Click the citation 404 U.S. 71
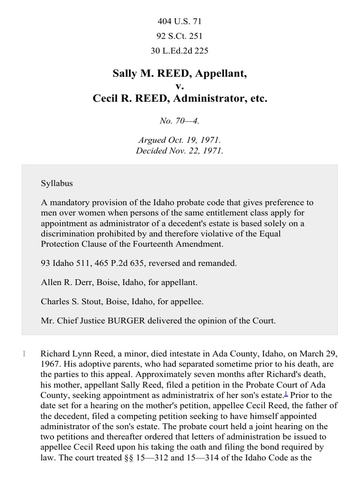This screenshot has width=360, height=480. click(180, 21)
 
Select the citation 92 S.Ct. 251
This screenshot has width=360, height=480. click(180, 36)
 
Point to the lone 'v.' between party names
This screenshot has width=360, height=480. click(180, 86)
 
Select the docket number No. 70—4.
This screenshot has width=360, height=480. click(180, 121)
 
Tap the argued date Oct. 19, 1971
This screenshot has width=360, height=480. click(191, 140)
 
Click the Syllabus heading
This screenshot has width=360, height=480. click(57, 183)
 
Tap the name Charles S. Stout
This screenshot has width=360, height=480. click(70, 301)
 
